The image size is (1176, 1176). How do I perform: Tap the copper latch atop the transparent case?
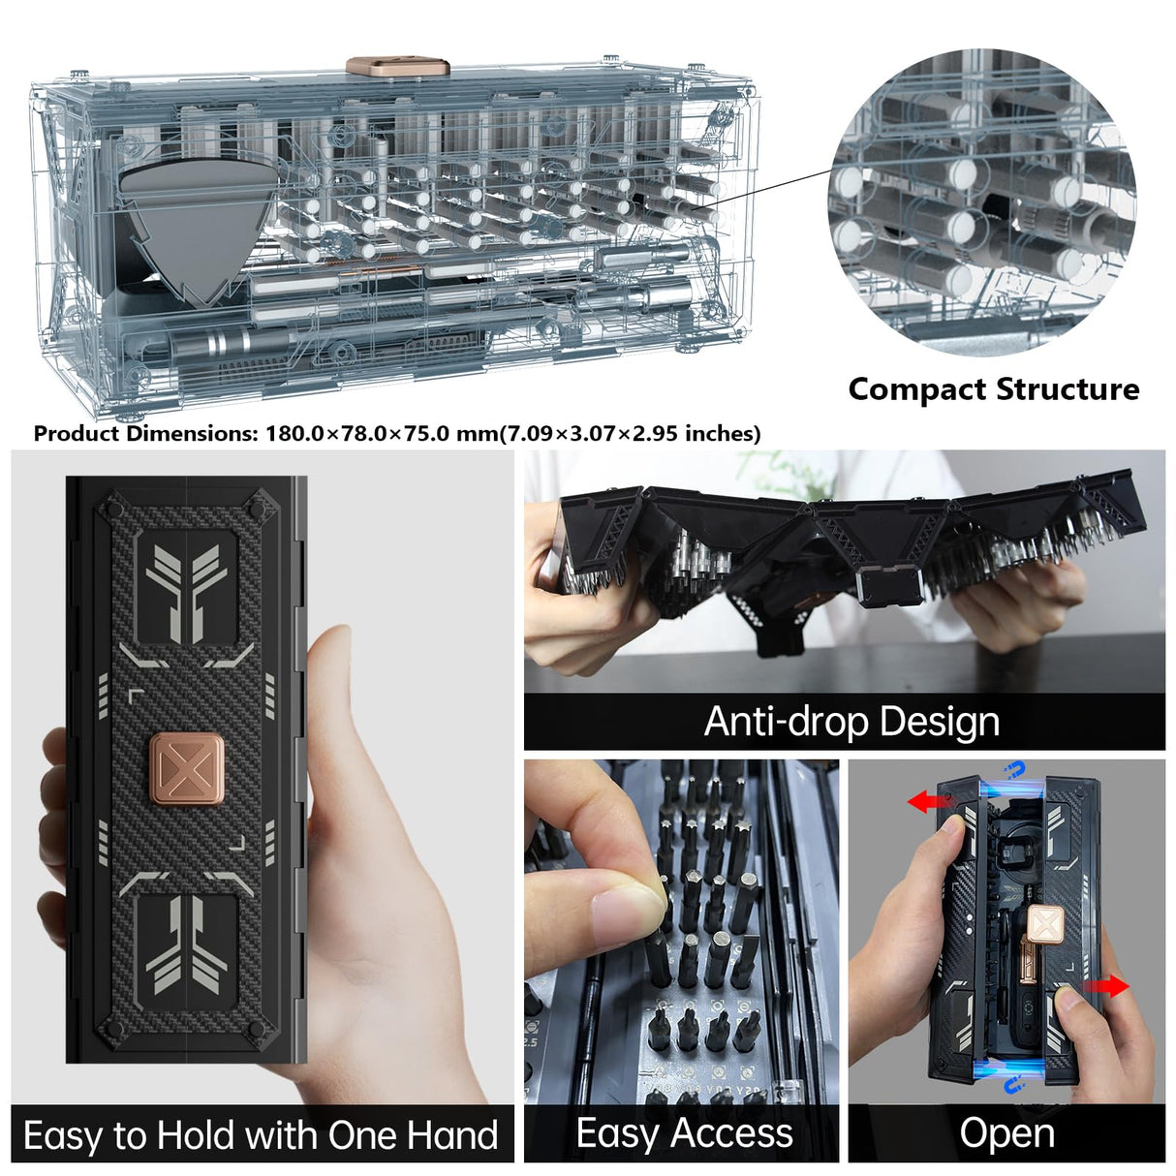(x=397, y=67)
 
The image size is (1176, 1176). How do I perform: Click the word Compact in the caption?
(x=916, y=389)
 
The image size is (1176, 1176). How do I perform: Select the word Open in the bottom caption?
(x=1006, y=1132)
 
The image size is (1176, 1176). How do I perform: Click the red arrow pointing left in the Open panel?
(x=927, y=801)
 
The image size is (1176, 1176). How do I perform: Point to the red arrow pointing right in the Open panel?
(x=1106, y=987)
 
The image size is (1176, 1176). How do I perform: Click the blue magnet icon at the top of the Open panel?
(x=1014, y=772)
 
